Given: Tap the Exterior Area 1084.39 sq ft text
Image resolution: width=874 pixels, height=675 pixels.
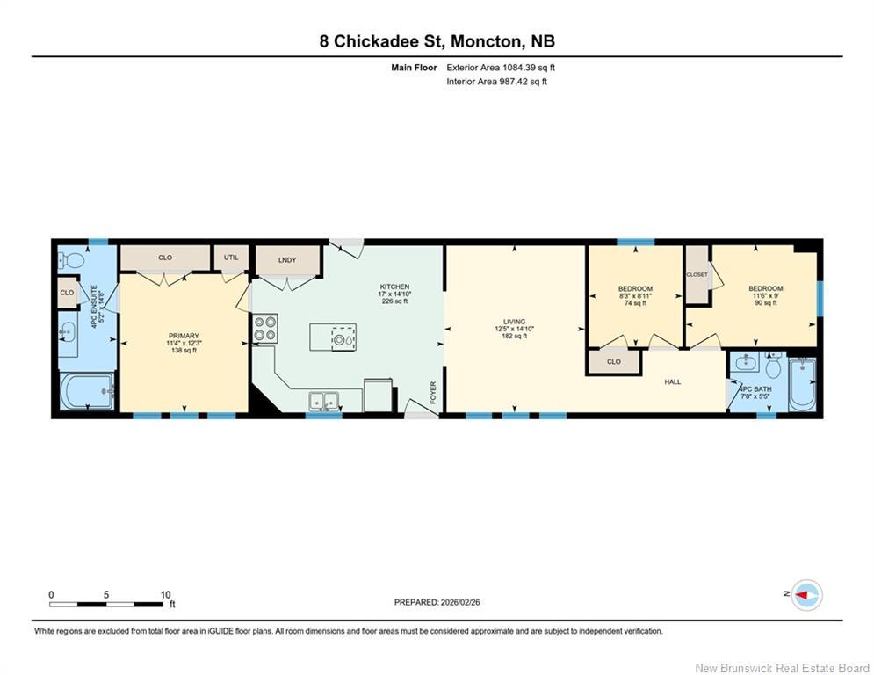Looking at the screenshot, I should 501,67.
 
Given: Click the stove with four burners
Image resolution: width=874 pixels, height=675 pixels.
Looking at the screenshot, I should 265,329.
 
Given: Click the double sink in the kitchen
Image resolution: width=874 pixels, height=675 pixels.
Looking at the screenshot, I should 323,401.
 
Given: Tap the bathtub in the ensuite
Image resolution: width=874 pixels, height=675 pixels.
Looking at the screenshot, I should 87,391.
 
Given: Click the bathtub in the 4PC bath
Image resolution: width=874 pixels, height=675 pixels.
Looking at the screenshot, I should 803,384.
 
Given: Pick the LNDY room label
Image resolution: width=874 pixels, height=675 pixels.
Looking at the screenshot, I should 286,259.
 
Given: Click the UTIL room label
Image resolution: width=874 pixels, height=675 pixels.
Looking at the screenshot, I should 230,258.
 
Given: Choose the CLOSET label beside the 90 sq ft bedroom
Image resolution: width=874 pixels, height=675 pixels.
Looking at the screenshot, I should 697,274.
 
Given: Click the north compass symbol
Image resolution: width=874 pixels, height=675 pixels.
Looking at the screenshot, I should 805,595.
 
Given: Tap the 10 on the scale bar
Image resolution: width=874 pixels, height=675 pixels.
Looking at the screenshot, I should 165,594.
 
